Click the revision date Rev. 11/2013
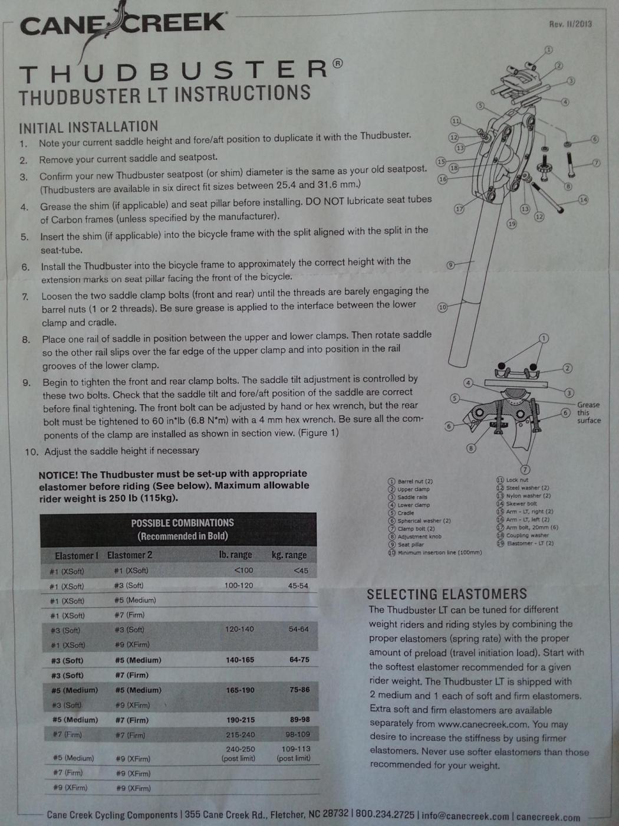[x=571, y=24]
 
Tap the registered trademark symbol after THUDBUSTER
[x=338, y=63]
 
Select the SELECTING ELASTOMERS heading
[x=447, y=594]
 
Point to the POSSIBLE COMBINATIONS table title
[x=182, y=523]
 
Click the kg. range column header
[x=289, y=555]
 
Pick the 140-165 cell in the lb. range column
[x=240, y=660]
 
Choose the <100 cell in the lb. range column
[x=243, y=570]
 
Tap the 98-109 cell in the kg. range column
[x=298, y=734]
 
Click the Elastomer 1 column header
[x=77, y=555]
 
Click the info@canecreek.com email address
[x=465, y=814]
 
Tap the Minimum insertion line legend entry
[x=435, y=552]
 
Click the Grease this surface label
[x=589, y=412]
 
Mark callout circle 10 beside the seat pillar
[x=443, y=307]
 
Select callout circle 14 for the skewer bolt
[x=583, y=200]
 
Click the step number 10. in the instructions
[x=32, y=451]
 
